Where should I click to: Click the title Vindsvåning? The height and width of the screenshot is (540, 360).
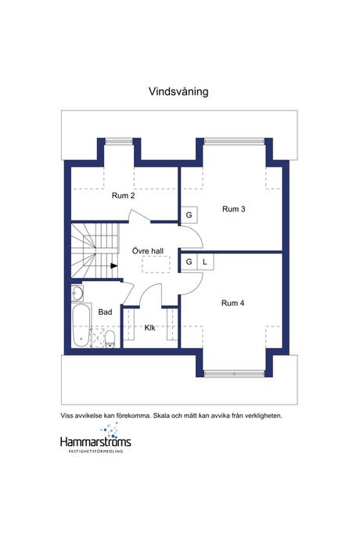178,92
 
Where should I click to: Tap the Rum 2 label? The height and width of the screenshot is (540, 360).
124,196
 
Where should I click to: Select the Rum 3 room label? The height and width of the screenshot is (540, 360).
233,209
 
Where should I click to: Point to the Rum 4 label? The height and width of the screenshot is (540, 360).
233,303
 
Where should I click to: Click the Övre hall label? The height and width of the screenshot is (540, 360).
148,250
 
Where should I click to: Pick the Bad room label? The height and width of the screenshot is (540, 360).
105,312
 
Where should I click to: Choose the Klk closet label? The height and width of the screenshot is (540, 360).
149,328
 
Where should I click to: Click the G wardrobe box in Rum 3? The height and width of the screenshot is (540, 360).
189,215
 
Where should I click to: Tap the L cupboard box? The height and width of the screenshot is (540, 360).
205,262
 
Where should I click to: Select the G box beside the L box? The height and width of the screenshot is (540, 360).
189,262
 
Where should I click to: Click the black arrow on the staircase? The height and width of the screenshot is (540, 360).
114,265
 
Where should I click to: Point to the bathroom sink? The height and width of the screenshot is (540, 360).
77,293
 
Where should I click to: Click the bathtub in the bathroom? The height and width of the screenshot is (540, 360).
81,325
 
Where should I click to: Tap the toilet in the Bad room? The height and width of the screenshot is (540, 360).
110,339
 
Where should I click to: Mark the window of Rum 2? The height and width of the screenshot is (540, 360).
119,141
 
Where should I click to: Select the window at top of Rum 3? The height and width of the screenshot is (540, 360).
234,141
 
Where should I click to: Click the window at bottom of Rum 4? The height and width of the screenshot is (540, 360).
234,373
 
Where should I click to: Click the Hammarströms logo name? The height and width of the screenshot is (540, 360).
95,441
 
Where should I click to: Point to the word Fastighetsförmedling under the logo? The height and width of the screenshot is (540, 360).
95,451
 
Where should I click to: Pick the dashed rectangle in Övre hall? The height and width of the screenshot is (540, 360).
156,265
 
